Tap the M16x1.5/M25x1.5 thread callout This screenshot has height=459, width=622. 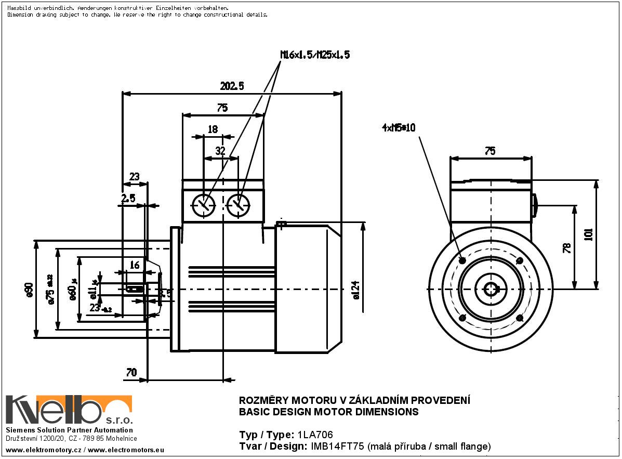point(315,55)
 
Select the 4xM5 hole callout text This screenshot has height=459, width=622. point(399,127)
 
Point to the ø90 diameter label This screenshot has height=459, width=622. point(29,289)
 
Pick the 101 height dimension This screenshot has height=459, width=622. point(588,235)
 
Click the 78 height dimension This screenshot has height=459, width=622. point(566,247)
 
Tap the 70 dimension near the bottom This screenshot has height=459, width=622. point(131,372)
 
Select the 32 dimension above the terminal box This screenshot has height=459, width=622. point(220,151)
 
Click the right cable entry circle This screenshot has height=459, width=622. point(239,204)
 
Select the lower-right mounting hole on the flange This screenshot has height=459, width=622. point(520,318)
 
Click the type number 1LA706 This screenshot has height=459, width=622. point(315,435)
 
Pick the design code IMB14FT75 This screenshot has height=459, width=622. point(339,446)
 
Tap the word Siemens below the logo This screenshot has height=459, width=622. point(20,430)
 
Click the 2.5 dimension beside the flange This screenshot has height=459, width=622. point(128,198)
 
